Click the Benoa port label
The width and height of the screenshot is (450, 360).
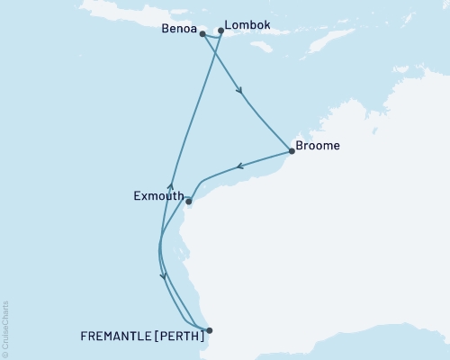tap(176, 28)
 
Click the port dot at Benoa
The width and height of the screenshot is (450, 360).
tap(202, 34)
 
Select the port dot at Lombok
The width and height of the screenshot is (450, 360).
tap(221, 31)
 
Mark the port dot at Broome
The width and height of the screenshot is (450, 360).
tap(291, 151)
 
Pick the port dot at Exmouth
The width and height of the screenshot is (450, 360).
tap(188, 202)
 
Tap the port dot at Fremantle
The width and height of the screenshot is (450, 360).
tap(209, 330)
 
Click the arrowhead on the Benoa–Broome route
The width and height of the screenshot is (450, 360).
tap(238, 90)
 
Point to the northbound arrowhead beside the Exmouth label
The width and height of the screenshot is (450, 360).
tap(170, 185)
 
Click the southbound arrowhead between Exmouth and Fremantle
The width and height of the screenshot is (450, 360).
tap(163, 276)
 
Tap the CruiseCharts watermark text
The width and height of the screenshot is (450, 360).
tap(5, 327)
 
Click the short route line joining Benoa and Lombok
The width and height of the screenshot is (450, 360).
tap(211, 37)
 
